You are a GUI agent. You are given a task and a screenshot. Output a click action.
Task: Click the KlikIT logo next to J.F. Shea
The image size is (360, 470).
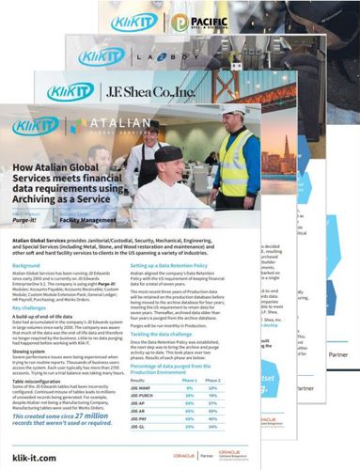70,92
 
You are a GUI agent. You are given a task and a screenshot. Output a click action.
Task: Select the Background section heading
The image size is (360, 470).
27,266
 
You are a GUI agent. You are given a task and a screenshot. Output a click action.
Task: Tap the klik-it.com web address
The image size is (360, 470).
35,455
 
